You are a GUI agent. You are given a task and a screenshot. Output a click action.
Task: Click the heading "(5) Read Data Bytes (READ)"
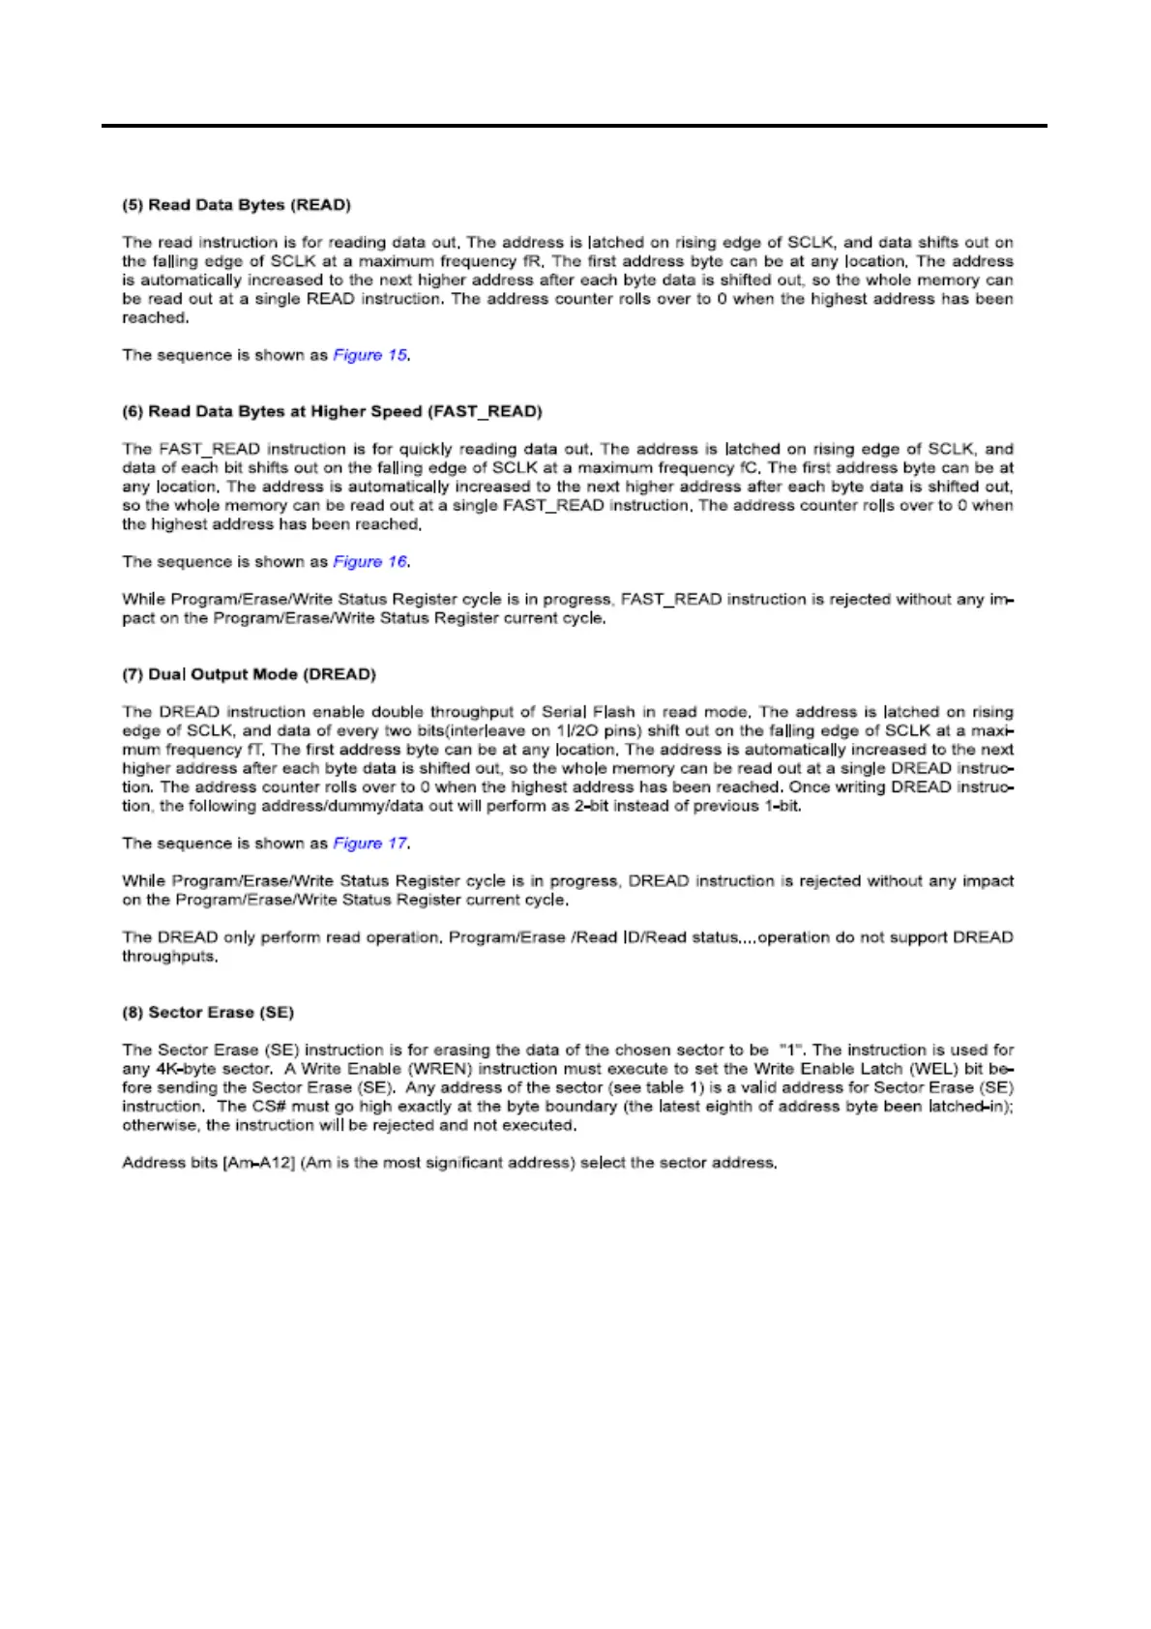(236, 205)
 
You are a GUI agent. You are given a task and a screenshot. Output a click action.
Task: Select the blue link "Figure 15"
(370, 355)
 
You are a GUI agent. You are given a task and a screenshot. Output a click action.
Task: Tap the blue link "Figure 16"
(370, 562)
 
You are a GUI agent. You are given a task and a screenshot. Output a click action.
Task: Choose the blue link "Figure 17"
(370, 844)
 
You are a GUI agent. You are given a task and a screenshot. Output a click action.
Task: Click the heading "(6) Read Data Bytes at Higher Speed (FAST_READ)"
(332, 412)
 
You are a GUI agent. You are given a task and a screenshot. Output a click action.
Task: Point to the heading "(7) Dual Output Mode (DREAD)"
(249, 674)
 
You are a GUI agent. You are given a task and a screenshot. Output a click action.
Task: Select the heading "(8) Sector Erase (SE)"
(207, 1013)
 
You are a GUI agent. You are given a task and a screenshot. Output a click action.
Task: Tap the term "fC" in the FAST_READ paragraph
(748, 468)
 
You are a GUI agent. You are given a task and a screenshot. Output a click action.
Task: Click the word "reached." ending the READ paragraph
(155, 318)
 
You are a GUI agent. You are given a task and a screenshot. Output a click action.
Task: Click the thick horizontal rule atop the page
(575, 126)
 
